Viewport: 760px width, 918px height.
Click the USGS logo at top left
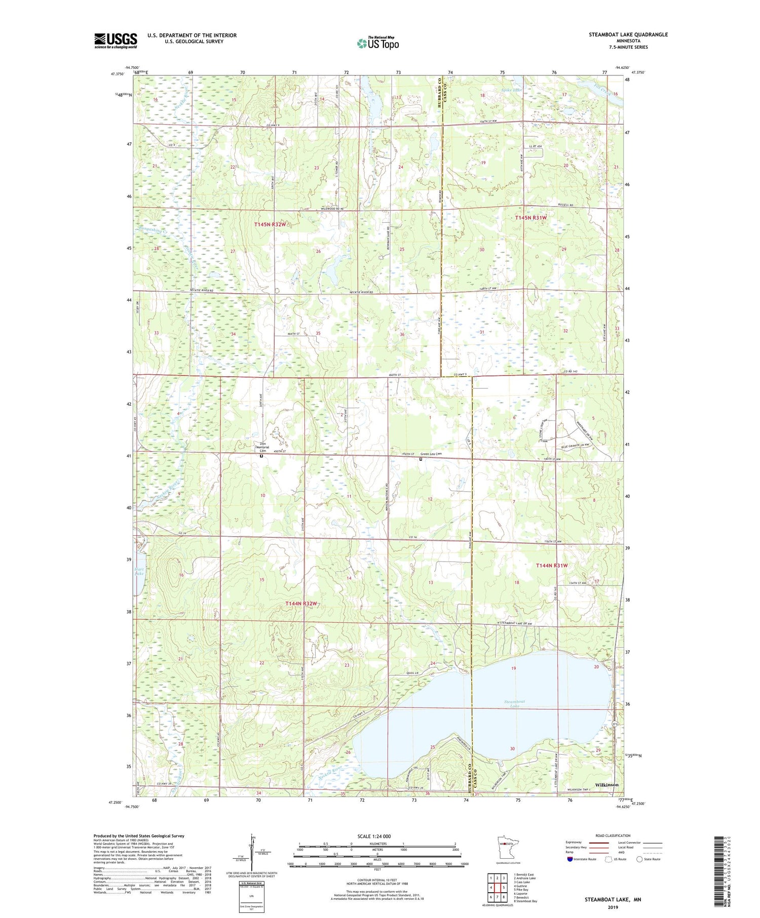tap(116, 41)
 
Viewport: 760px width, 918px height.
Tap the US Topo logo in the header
tap(377, 44)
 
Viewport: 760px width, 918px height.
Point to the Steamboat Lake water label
tap(515, 703)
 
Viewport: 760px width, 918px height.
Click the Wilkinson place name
tap(606, 784)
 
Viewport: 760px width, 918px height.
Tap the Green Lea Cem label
tap(431, 454)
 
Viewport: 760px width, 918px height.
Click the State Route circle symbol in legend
tap(639, 859)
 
